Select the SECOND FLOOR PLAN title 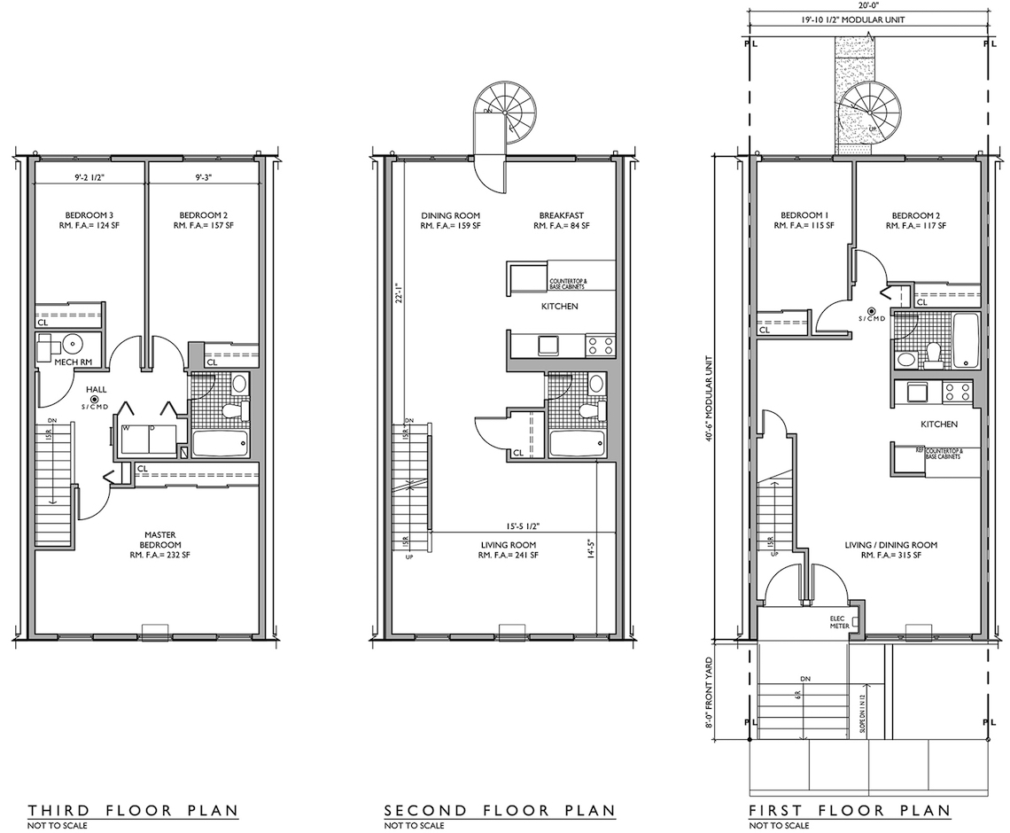tap(500, 810)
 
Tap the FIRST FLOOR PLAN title tap(849, 810)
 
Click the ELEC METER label tap(840, 622)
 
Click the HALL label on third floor tap(97, 389)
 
